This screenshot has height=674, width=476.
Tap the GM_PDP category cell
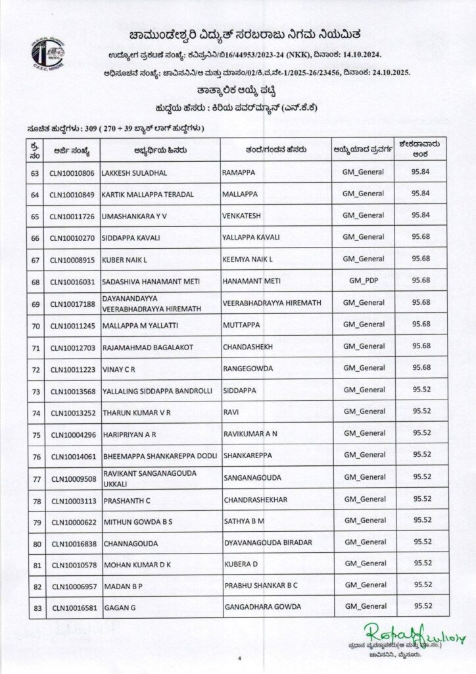[364, 280]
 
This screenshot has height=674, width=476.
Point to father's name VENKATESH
[245, 216]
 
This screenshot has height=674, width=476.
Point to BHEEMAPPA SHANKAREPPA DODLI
[156, 455]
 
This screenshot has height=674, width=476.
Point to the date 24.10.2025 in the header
[388, 70]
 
